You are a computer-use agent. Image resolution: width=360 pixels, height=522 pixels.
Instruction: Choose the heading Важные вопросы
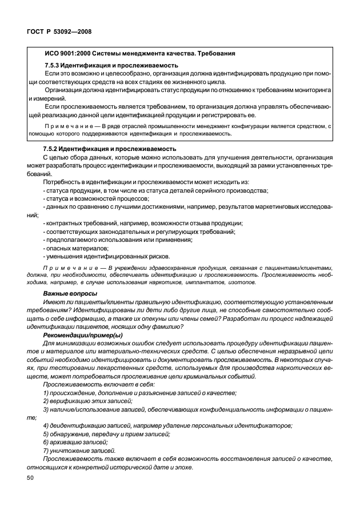[68, 293]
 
